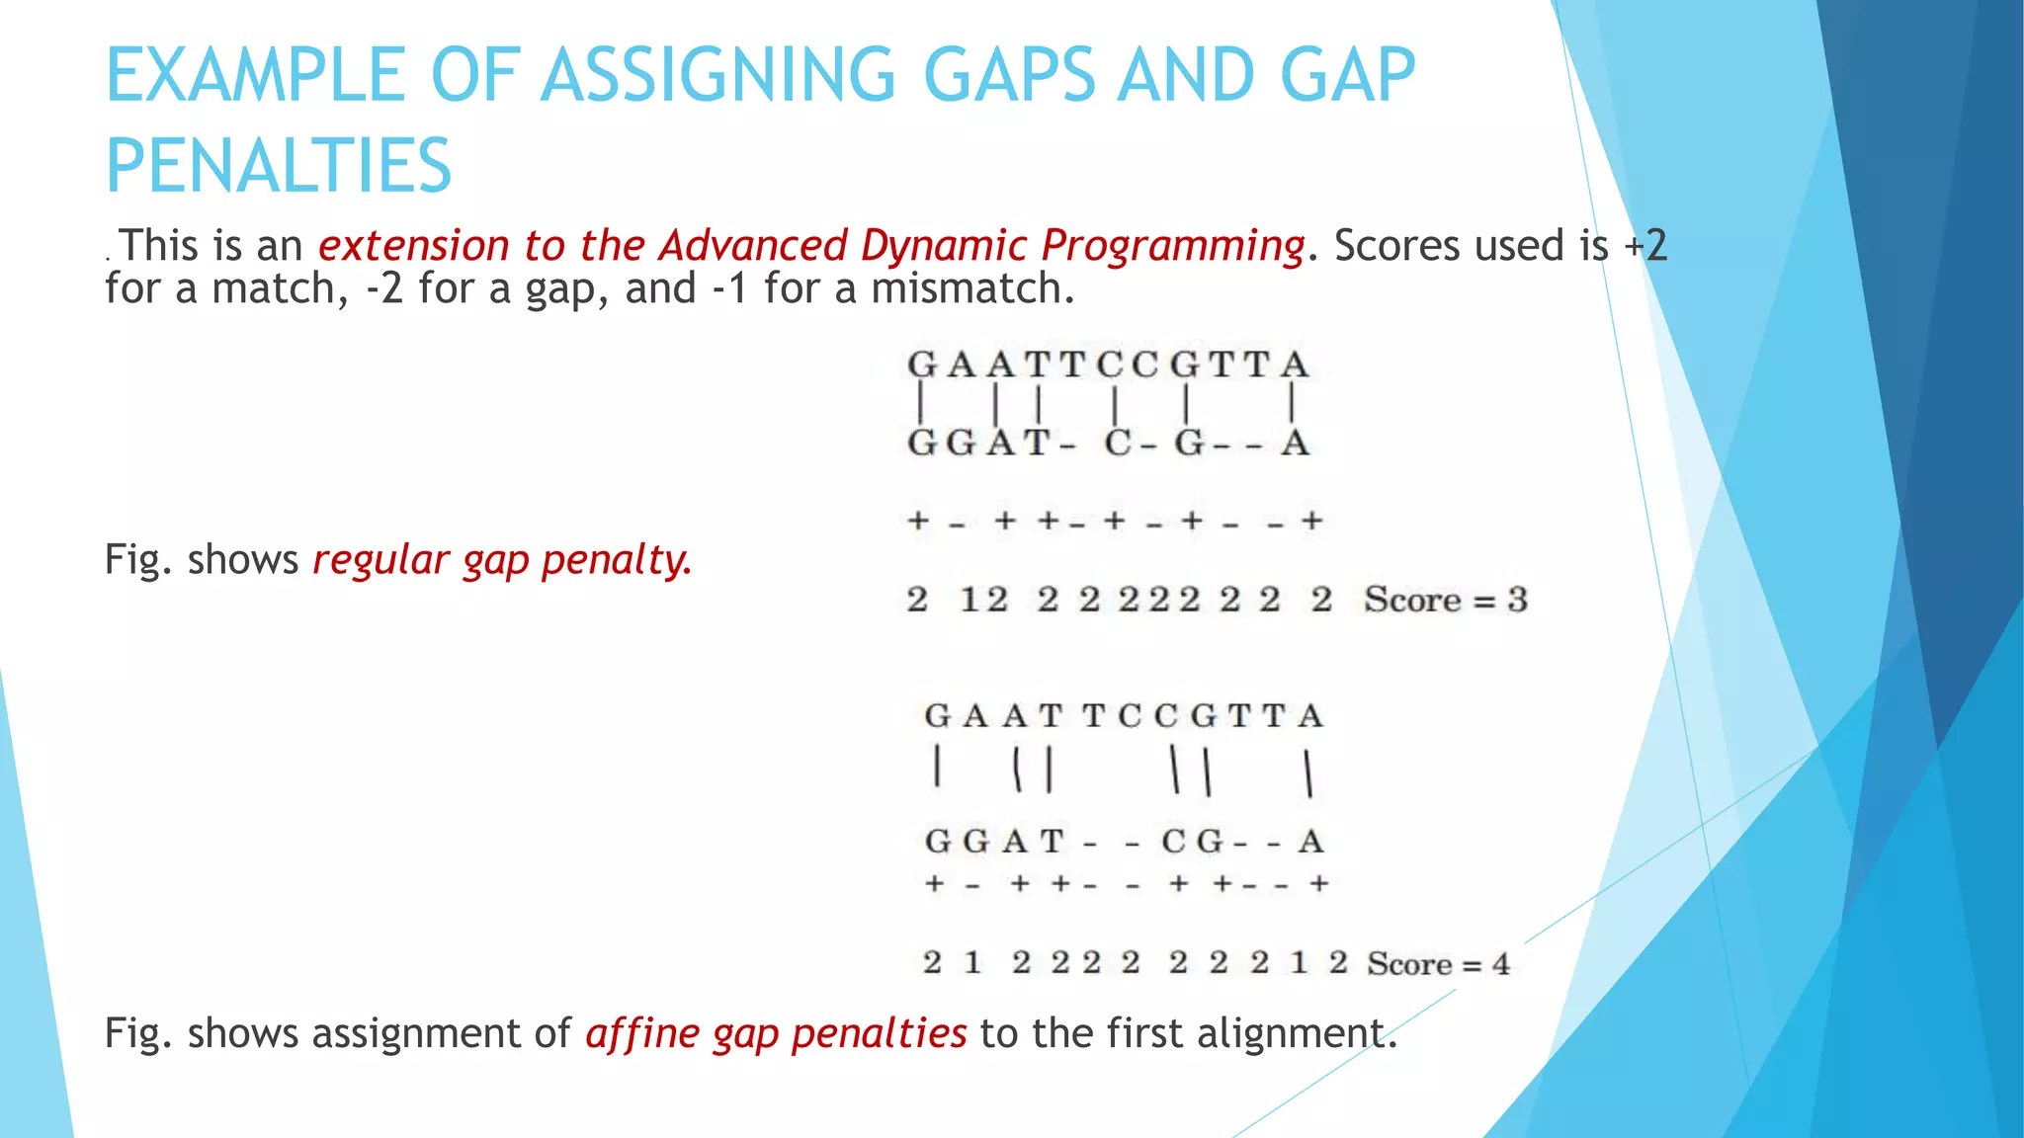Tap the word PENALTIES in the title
(279, 166)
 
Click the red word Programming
(1172, 245)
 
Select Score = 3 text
(1445, 600)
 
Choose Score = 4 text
(1438, 963)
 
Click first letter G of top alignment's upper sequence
(921, 365)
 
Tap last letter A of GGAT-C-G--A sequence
(1295, 444)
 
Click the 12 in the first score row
(983, 600)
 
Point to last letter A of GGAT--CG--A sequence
(1310, 842)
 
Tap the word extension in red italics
(413, 245)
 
